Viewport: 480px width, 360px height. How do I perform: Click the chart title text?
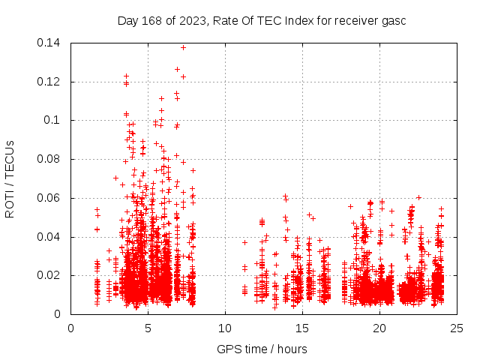(262, 20)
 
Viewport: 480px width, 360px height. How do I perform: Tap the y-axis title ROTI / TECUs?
(10, 178)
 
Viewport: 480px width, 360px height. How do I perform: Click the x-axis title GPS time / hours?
(262, 349)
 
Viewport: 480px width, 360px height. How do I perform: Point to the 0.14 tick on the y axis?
(49, 43)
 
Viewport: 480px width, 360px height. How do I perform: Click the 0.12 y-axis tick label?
(49, 82)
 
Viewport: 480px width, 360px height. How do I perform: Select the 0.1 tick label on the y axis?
(52, 120)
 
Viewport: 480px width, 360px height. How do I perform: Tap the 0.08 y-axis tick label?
(49, 159)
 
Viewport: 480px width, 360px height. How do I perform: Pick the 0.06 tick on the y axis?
(49, 198)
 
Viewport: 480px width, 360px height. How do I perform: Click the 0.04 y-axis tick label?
(49, 237)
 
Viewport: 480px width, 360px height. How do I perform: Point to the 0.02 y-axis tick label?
(49, 275)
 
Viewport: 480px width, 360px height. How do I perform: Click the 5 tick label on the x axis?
(148, 328)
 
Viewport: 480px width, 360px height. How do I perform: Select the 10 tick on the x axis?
(225, 328)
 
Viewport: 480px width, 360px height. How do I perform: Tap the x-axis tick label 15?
(302, 328)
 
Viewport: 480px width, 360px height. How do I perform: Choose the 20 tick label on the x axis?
(379, 328)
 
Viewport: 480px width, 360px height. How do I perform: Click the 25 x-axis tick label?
(457, 328)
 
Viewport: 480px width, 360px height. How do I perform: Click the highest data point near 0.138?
(183, 47)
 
